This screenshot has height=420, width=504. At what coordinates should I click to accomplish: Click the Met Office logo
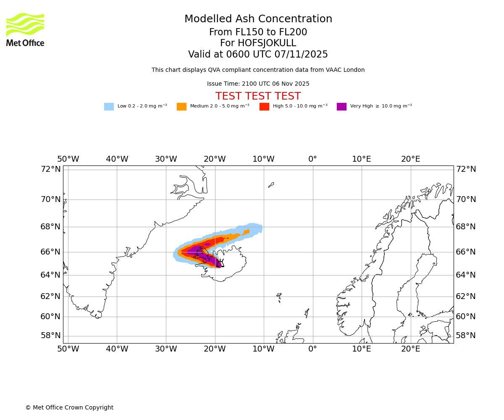click(25, 29)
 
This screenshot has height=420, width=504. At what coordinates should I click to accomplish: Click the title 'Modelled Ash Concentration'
click(258, 19)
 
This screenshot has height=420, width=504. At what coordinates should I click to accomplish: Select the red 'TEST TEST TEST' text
click(258, 97)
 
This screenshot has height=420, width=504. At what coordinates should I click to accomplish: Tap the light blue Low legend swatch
click(109, 107)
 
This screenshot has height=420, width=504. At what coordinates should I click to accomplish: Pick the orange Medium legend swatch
click(181, 107)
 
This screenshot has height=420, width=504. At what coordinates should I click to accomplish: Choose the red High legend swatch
click(264, 107)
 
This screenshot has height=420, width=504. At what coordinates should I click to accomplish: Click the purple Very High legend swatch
click(341, 107)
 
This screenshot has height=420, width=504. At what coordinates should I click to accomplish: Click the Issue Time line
click(258, 84)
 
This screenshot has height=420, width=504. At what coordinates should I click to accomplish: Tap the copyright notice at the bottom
click(69, 408)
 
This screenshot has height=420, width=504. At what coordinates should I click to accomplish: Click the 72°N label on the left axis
click(50, 169)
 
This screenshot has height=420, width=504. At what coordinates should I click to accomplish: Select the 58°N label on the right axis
click(466, 336)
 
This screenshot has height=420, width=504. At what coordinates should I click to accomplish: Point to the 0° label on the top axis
click(312, 160)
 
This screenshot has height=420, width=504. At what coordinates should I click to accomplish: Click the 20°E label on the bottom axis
click(410, 349)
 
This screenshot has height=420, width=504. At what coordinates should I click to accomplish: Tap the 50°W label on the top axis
click(68, 160)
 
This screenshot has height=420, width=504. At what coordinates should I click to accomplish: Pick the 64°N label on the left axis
click(50, 275)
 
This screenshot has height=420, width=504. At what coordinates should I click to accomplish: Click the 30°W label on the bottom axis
click(166, 349)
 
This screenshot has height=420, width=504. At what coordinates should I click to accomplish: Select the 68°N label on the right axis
click(466, 227)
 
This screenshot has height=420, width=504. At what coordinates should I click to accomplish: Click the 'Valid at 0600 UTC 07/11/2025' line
click(258, 55)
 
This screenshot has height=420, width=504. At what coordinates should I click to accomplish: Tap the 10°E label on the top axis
click(362, 160)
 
